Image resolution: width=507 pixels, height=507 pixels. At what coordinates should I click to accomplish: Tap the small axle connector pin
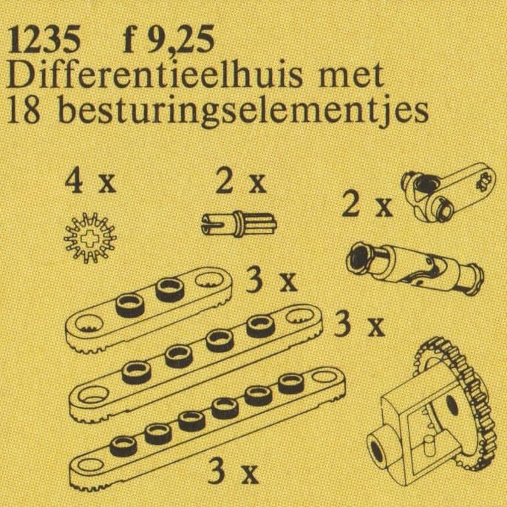239,220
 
